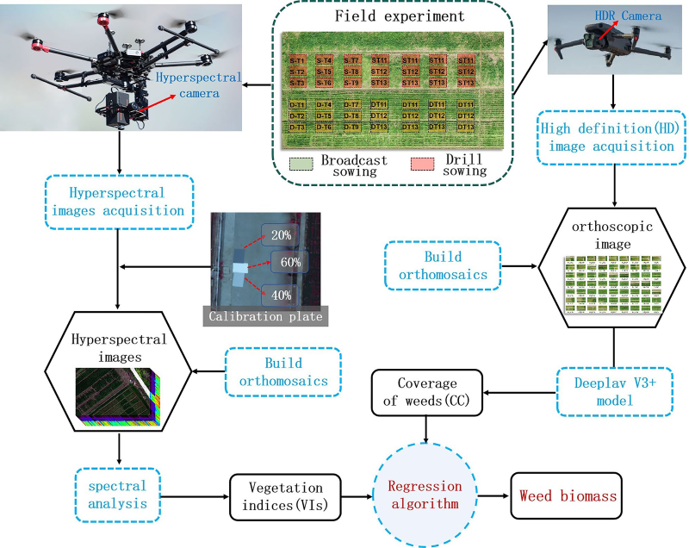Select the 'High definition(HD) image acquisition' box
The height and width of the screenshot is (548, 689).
coord(607,136)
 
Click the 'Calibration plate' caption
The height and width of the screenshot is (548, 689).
coord(264,316)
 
